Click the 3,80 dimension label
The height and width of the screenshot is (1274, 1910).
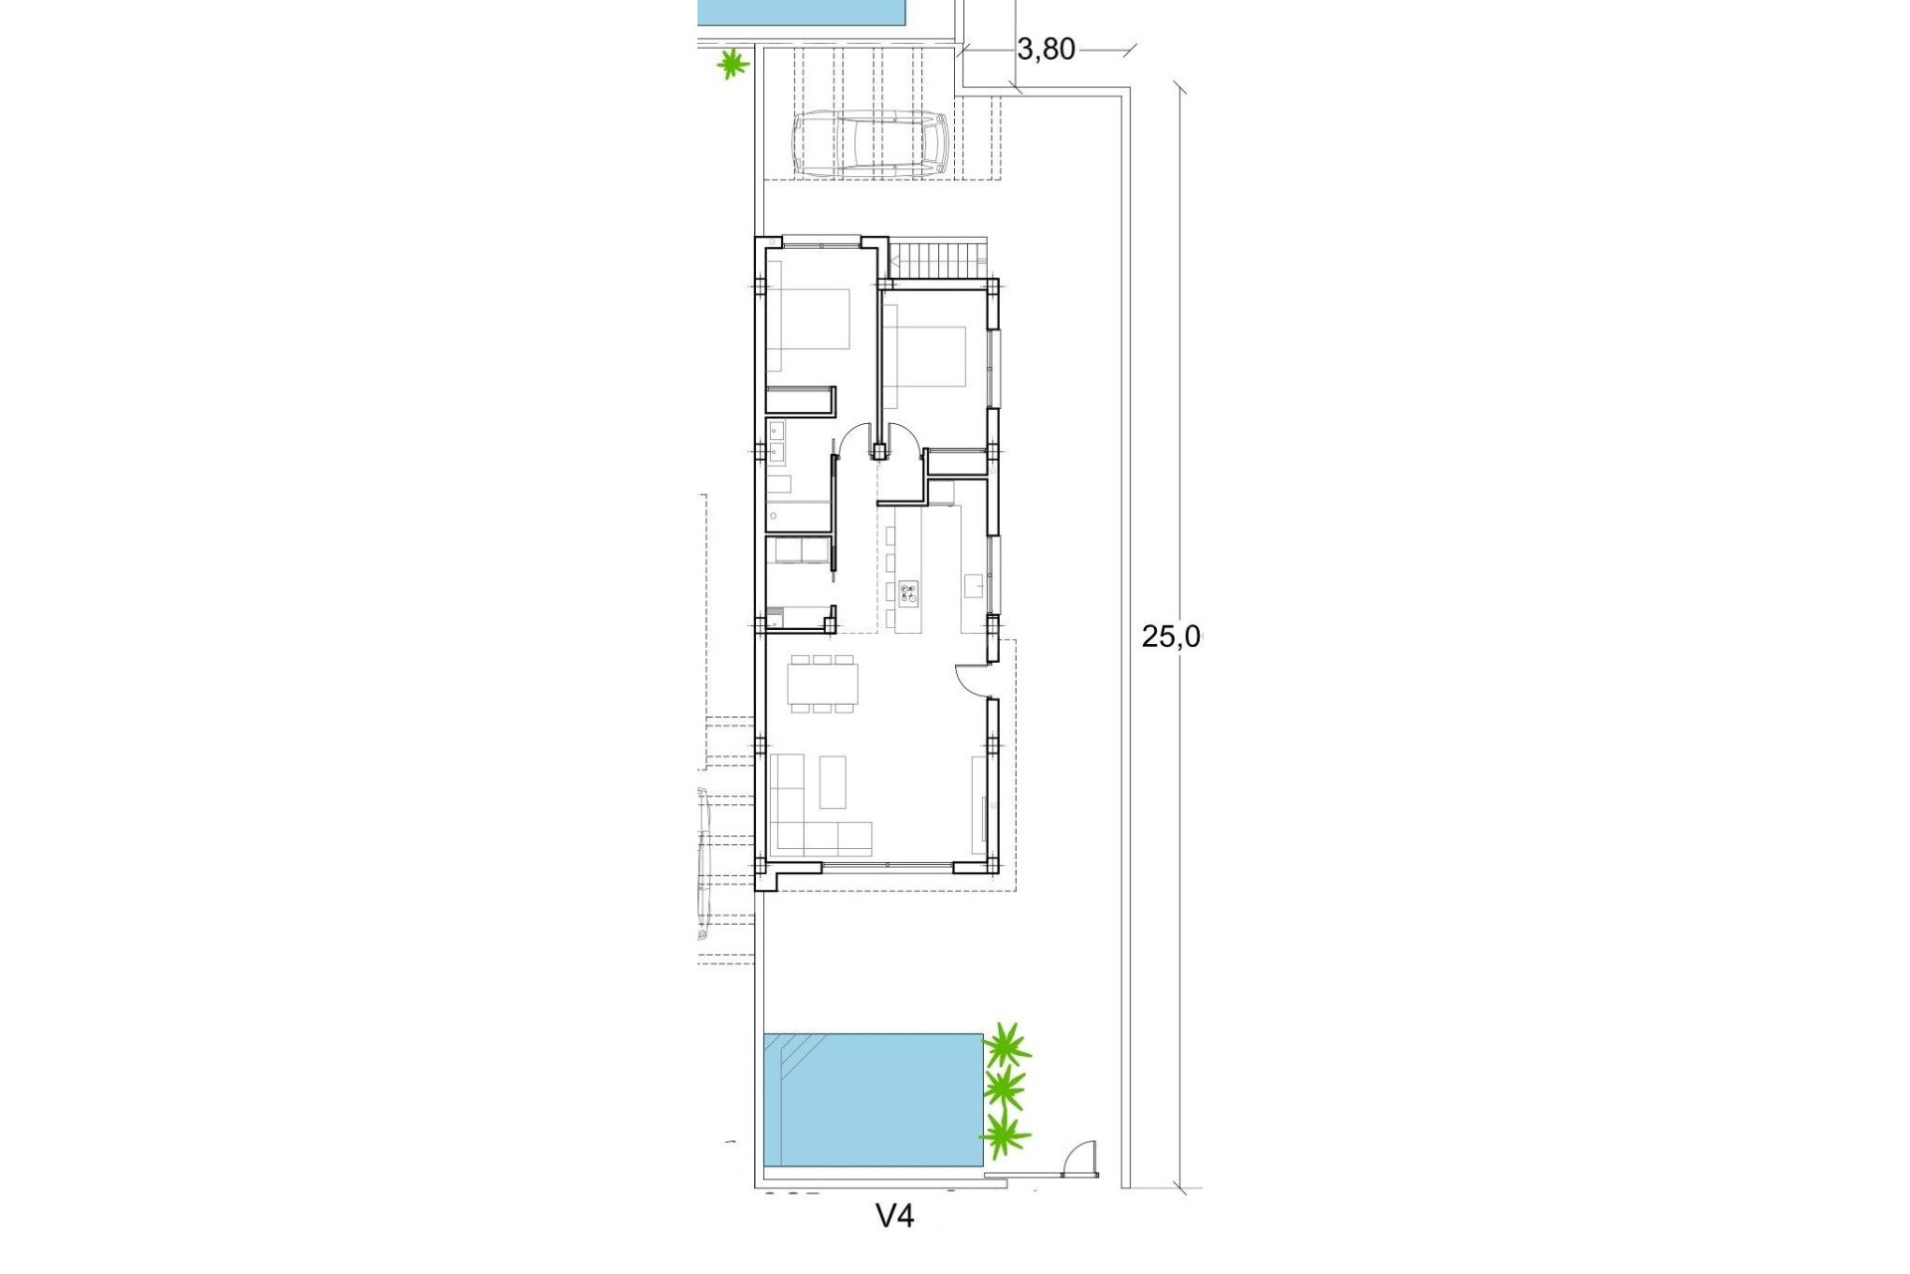1046,49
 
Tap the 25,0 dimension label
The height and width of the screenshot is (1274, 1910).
1171,637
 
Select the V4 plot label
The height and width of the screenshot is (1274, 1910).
894,1215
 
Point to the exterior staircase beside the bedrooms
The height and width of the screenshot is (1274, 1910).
940,262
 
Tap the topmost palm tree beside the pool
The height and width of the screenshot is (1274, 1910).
1007,1046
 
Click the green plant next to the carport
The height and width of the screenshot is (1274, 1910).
733,66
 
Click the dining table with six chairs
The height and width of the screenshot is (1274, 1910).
823,683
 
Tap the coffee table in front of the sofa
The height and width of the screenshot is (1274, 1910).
833,781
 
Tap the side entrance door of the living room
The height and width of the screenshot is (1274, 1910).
969,681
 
